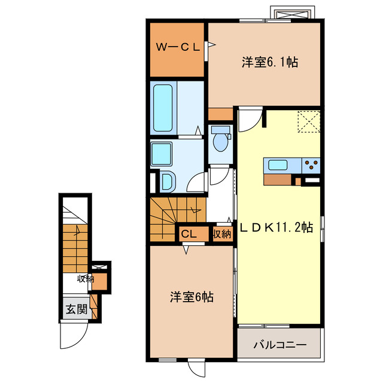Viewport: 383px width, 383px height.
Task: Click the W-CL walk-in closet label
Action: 178,47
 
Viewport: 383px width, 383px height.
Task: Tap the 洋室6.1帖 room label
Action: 270,61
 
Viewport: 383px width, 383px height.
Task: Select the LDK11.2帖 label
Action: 276,227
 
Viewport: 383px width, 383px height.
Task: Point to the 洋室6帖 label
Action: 191,296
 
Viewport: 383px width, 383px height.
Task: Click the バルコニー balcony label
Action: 279,345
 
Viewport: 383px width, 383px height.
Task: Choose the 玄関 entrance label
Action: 76,309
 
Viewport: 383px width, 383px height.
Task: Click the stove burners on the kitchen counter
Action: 311,165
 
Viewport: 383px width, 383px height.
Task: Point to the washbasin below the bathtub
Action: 167,181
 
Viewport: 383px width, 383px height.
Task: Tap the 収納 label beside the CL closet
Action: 221,234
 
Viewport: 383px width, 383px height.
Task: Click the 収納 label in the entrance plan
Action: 85,278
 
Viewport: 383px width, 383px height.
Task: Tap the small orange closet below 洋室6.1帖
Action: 221,114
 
